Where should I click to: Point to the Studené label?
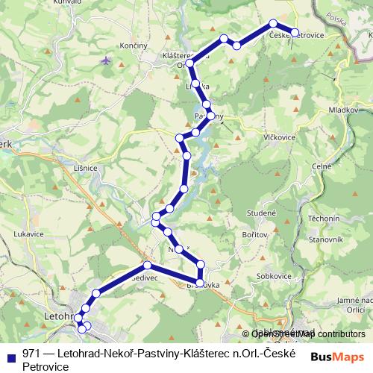click(x=262, y=213)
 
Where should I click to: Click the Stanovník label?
click(x=326, y=239)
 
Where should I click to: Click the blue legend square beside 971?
click(x=10, y=355)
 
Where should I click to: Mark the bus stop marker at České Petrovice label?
click(x=295, y=33)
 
